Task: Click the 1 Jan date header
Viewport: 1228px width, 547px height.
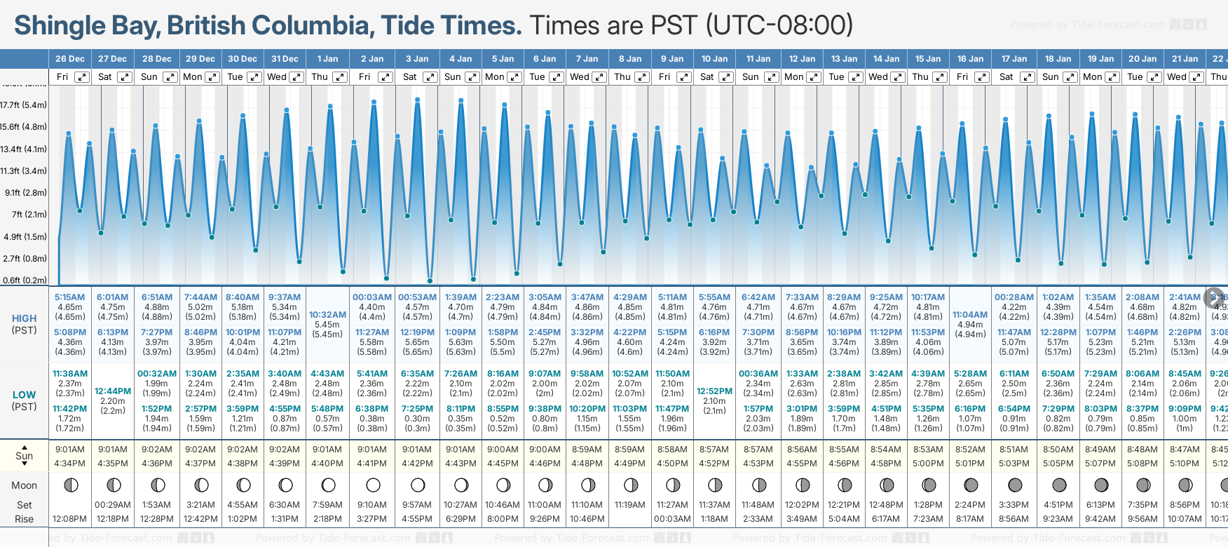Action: pos(327,59)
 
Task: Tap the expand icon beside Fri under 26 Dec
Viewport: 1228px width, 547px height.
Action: pos(82,77)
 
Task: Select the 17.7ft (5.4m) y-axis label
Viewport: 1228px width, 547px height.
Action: pos(24,105)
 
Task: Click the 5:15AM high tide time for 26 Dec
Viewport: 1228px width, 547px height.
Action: pos(70,297)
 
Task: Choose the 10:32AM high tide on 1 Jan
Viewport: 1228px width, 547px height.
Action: pos(327,315)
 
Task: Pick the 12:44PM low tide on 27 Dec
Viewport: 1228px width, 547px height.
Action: pos(113,391)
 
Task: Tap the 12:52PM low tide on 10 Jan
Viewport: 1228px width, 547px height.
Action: pos(714,391)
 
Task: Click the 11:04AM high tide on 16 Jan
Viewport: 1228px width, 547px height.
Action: pos(970,315)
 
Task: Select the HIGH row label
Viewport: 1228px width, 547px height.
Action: pos(24,318)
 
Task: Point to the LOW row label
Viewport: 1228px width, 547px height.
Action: pos(24,395)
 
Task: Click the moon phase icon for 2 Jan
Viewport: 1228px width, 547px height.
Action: pos(373,485)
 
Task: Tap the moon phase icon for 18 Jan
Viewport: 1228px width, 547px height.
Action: pos(1058,485)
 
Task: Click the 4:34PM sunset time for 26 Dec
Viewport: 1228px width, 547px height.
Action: pos(70,464)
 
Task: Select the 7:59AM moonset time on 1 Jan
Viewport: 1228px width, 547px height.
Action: pos(327,505)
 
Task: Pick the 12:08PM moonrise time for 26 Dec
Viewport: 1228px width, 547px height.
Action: pos(70,519)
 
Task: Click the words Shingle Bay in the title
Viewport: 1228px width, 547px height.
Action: pos(83,26)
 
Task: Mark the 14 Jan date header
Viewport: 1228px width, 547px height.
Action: pos(887,59)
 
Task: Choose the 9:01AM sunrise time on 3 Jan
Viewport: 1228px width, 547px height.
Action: pos(417,450)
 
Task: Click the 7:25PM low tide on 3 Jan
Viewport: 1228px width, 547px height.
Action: pos(417,409)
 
